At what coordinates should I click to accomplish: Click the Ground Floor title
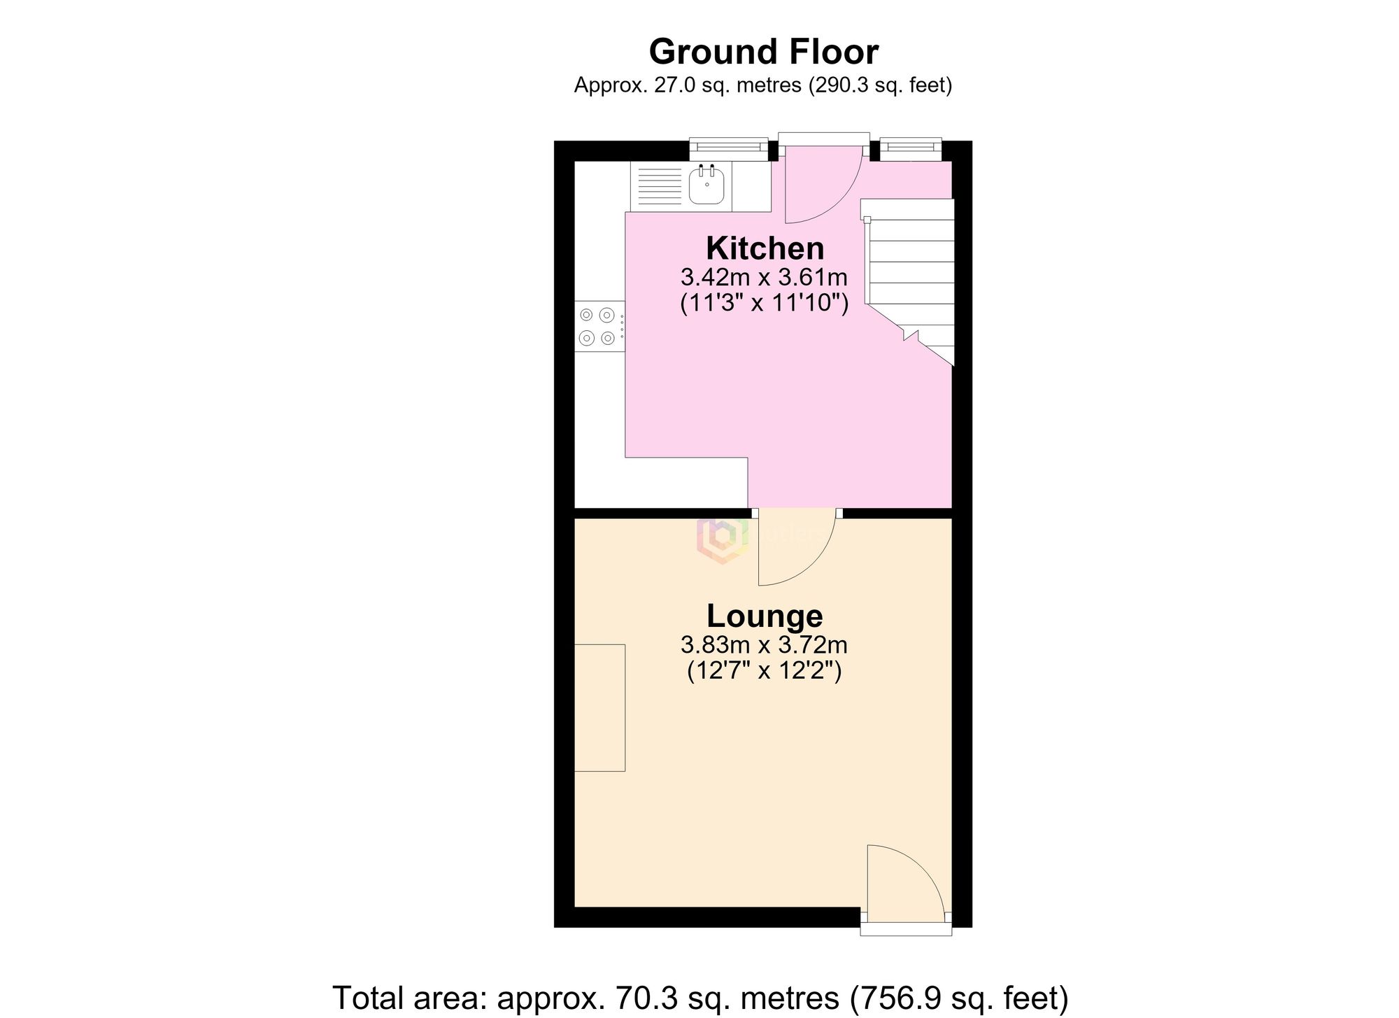coord(763,52)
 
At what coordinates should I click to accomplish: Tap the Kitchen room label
coord(765,248)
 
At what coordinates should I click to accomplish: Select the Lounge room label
coord(765,616)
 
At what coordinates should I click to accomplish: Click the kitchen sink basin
coord(706,185)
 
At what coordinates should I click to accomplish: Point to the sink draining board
coord(660,186)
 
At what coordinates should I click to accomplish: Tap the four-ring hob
coord(599,326)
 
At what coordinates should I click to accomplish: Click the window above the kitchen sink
coord(728,147)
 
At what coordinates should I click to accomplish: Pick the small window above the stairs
coord(910,147)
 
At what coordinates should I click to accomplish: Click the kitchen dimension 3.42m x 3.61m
coord(764,278)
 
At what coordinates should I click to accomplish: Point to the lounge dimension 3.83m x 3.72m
coord(764,644)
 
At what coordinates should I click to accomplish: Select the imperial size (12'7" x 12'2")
coord(764,671)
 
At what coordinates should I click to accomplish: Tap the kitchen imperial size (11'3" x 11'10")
coord(764,304)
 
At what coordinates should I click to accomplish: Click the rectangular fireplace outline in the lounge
coord(599,707)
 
